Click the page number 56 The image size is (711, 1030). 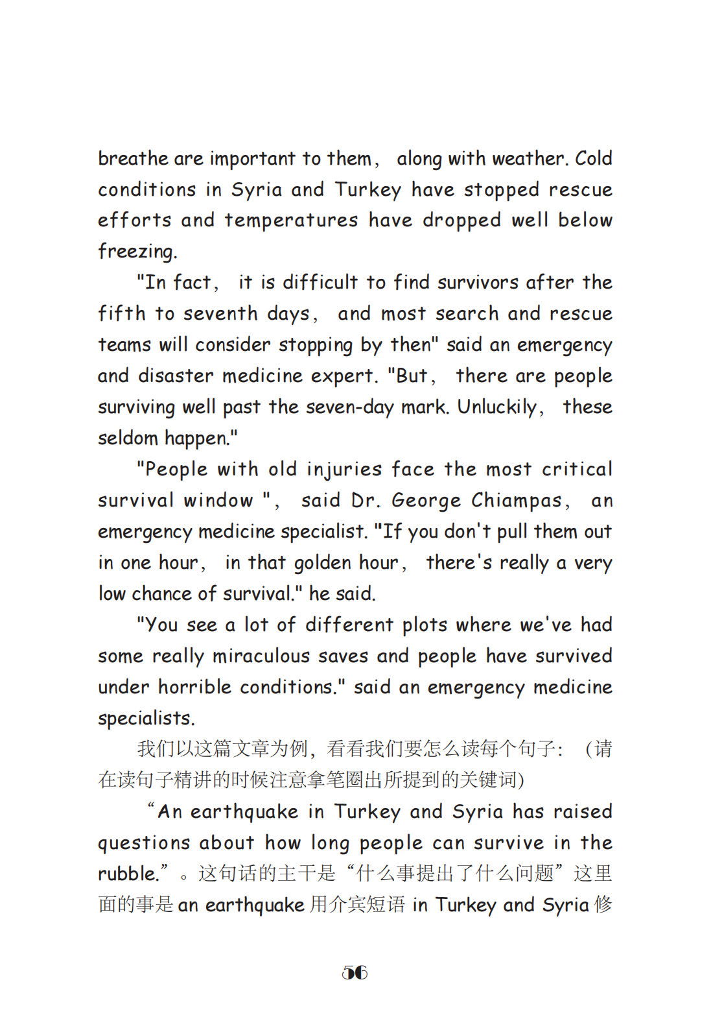[355, 972]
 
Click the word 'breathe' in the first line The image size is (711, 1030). [133, 158]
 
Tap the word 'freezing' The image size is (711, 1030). [137, 252]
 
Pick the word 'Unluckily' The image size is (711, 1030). [498, 407]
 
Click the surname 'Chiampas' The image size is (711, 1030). [517, 501]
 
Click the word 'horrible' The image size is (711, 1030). [194, 687]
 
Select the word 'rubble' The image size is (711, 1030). [127, 874]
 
